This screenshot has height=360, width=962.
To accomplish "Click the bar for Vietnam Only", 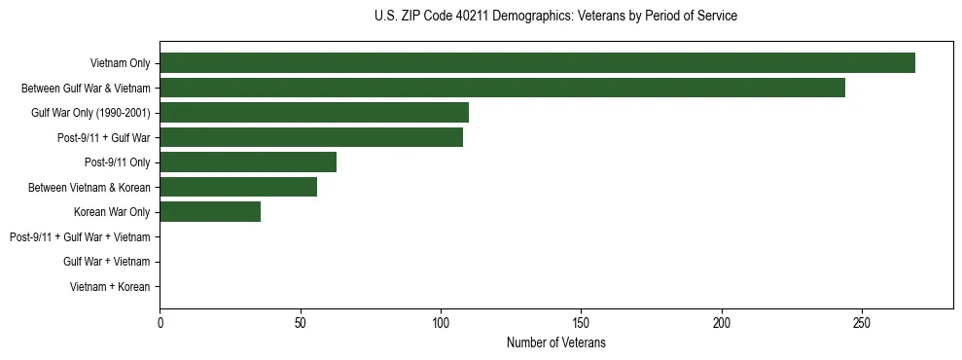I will pyautogui.click(x=537, y=62).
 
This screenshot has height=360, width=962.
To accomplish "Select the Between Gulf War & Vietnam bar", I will pyautogui.click(x=502, y=88).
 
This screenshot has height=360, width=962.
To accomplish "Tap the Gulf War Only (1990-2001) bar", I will pyautogui.click(x=314, y=112).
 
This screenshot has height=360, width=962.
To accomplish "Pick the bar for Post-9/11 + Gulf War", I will pyautogui.click(x=311, y=137).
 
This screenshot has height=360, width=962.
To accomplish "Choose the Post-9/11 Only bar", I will pyautogui.click(x=248, y=162).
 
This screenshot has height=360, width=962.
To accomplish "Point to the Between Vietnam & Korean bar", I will pyautogui.click(x=238, y=187).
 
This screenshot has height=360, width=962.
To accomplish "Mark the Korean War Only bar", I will pyautogui.click(x=210, y=212).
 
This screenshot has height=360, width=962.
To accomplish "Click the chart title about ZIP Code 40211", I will pyautogui.click(x=555, y=17).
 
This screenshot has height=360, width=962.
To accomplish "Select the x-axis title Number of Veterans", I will pyautogui.click(x=555, y=342).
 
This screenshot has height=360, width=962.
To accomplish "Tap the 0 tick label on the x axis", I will pyautogui.click(x=160, y=322).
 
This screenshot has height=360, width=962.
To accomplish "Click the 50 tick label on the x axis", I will pyautogui.click(x=301, y=322).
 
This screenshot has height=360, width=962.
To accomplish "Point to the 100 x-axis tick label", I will pyautogui.click(x=441, y=322).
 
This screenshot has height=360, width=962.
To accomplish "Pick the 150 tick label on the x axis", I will pyautogui.click(x=581, y=322).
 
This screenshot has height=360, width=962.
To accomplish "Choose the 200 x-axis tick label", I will pyautogui.click(x=722, y=322).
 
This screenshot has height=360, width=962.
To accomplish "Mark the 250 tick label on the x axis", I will pyautogui.click(x=862, y=322).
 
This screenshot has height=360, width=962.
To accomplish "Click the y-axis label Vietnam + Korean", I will pyautogui.click(x=110, y=287).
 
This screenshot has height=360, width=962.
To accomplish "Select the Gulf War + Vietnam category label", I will pyautogui.click(x=106, y=262).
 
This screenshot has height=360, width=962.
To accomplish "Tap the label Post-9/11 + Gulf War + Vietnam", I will pyautogui.click(x=80, y=236).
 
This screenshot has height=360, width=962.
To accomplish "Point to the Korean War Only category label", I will pyautogui.click(x=112, y=212).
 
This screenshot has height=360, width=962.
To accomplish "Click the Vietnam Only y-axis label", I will pyautogui.click(x=120, y=63).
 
